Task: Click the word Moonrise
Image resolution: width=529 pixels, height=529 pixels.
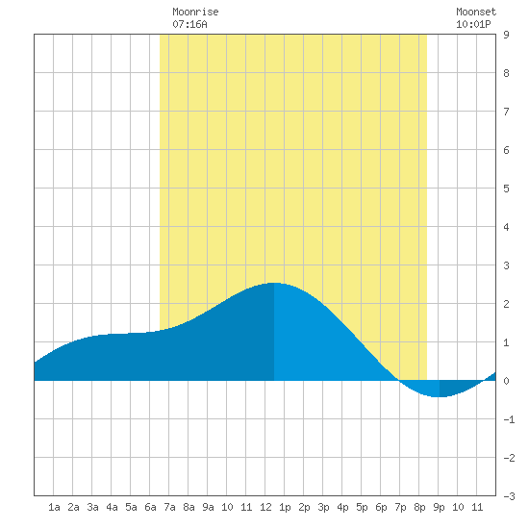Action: [x=195, y=12]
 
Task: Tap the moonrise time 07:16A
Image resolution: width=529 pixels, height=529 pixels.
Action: [x=189, y=24]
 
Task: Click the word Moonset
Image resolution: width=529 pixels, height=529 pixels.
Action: [x=476, y=12]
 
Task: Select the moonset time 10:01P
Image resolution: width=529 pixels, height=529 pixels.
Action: [x=473, y=24]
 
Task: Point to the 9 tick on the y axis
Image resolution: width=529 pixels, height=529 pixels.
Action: [x=506, y=35]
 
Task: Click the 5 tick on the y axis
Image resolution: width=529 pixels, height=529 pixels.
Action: [x=506, y=189]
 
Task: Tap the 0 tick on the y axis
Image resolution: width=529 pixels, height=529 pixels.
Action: [x=506, y=381]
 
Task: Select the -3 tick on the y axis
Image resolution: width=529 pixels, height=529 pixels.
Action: [x=509, y=496]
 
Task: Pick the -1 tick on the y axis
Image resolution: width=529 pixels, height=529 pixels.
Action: [x=509, y=419]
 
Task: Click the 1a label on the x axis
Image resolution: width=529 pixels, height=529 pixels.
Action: [x=54, y=507]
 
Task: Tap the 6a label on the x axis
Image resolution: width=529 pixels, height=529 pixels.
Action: [x=150, y=507]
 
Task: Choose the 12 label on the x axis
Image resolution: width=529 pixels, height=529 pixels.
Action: [x=265, y=507]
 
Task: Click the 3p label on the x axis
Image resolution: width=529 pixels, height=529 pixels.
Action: [x=323, y=507]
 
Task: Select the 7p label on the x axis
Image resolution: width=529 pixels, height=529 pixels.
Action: [x=400, y=507]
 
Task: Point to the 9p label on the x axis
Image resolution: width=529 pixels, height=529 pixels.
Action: [x=439, y=507]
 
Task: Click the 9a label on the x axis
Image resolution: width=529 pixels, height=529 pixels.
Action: [x=208, y=507]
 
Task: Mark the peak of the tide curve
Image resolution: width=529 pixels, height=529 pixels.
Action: [x=274, y=283]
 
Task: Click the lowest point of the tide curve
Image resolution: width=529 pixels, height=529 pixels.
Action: [x=438, y=397]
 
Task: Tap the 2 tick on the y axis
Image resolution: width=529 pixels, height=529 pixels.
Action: [x=506, y=304]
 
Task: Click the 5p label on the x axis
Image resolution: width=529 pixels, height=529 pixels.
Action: [x=362, y=507]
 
